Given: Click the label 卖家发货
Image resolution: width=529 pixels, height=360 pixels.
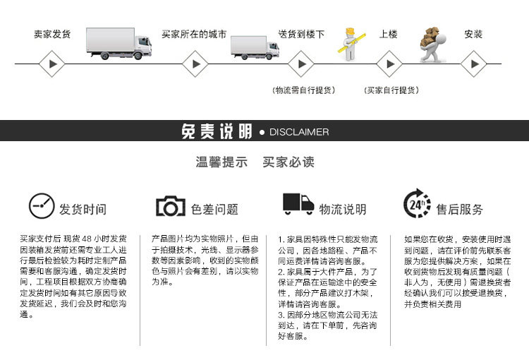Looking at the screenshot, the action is [x=51, y=34].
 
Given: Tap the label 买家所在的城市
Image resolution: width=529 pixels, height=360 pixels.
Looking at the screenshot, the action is [x=194, y=34].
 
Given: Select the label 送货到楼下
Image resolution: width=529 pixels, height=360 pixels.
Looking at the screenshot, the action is [x=301, y=34].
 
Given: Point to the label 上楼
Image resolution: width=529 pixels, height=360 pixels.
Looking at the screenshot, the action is [x=389, y=34].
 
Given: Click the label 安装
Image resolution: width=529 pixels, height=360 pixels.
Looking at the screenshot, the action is [x=473, y=34].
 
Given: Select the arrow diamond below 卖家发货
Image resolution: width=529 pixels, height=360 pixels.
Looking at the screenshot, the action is [x=51, y=65].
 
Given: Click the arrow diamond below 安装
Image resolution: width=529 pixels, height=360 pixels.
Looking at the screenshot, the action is [x=474, y=65].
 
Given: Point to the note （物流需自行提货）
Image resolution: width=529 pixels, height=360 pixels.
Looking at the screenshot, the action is [x=303, y=90].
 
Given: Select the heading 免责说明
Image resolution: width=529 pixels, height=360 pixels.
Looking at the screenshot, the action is [x=217, y=132].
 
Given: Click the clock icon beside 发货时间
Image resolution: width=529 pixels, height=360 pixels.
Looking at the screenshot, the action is [x=42, y=206].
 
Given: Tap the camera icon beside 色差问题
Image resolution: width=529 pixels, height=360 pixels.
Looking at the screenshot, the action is [x=170, y=206].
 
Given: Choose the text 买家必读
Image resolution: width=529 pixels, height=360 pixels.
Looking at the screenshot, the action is [x=288, y=162].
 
